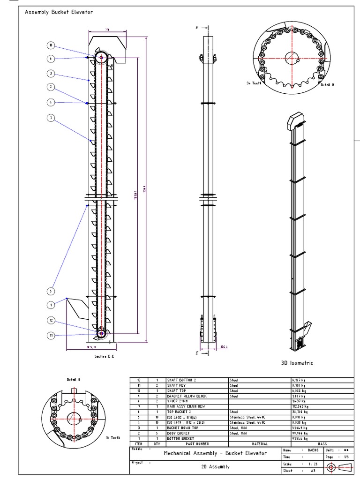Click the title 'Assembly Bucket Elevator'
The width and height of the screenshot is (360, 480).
(x=59, y=12)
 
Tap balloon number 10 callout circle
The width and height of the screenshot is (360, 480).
(x=51, y=45)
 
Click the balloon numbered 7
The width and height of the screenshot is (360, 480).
(x=51, y=118)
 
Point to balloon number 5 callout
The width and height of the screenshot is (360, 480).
(x=51, y=291)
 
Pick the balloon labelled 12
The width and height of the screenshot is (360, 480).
(x=51, y=320)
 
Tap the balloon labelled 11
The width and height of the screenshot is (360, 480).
(x=51, y=335)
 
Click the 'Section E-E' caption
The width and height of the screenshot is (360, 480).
(x=104, y=356)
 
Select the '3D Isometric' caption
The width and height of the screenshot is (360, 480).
(x=297, y=363)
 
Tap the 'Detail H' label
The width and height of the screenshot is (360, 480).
(x=327, y=85)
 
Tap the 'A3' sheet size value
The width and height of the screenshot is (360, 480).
(x=313, y=470)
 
